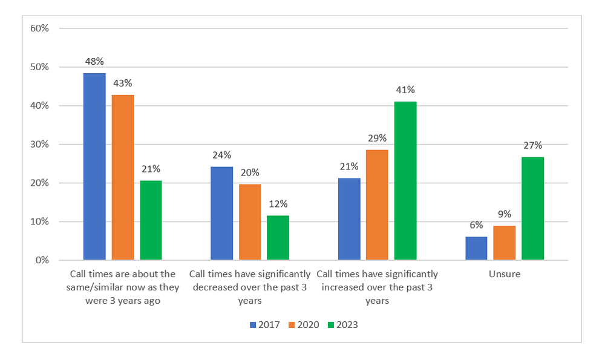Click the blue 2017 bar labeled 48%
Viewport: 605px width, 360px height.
click(x=94, y=167)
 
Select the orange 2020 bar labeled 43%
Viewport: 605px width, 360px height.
click(x=123, y=178)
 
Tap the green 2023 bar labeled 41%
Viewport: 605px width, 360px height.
click(x=405, y=181)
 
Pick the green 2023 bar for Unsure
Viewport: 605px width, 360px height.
click(x=533, y=209)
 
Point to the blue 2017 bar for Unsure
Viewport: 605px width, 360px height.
click(x=476, y=249)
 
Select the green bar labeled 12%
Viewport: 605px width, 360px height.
click(x=278, y=238)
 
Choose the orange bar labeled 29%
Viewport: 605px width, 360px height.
click(x=377, y=205)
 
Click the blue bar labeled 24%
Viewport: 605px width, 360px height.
click(x=221, y=214)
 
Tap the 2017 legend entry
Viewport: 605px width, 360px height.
click(x=264, y=325)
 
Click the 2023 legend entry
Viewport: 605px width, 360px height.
click(x=342, y=325)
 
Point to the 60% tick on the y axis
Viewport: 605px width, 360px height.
click(x=39, y=28)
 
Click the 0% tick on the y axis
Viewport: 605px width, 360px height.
click(x=42, y=261)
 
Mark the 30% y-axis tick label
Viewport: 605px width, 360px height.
click(x=39, y=145)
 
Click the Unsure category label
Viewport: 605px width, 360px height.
click(x=505, y=274)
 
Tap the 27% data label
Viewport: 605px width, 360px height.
click(x=533, y=145)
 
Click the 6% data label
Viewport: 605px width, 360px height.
click(x=476, y=225)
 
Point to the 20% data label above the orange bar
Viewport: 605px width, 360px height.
click(x=250, y=172)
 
